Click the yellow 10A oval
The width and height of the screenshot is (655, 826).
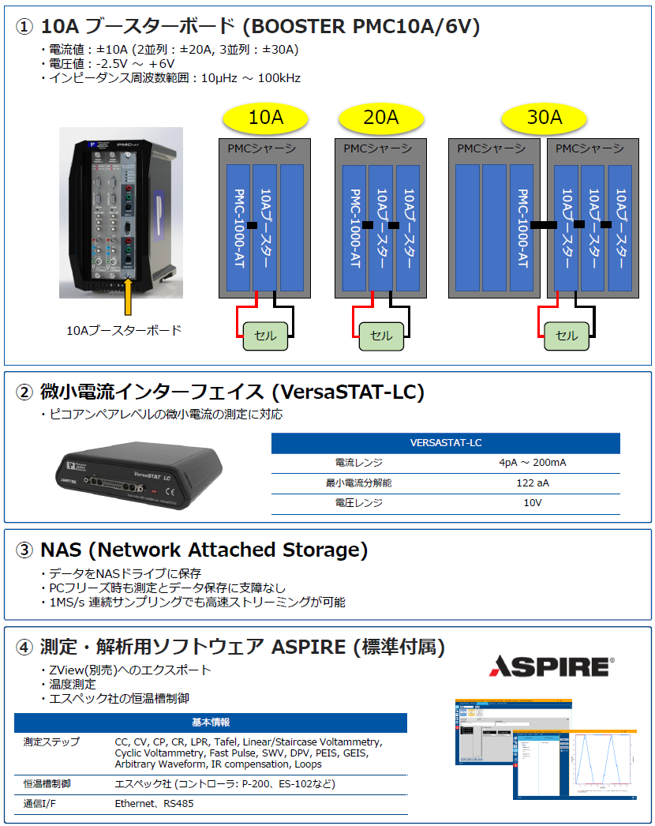coord(265,118)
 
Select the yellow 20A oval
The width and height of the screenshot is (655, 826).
coord(380,118)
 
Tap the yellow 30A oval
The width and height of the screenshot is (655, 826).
coord(545,118)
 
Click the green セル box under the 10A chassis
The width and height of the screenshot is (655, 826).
coord(265,336)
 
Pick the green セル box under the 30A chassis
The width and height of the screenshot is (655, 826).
coord(567,336)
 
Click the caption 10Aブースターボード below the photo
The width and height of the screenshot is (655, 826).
coord(124,330)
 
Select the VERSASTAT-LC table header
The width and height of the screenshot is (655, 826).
coord(445,443)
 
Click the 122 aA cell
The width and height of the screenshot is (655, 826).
coord(533,482)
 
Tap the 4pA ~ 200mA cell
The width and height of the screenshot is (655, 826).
coord(533,463)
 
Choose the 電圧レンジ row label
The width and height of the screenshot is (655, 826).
coord(358,502)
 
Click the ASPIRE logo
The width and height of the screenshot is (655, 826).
coord(552,666)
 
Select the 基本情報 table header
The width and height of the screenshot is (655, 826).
coord(211,723)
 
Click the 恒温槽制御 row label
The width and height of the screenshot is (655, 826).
coord(47,783)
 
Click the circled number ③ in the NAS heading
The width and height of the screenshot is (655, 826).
coord(25,550)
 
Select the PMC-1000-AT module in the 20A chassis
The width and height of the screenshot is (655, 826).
coord(355,227)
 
